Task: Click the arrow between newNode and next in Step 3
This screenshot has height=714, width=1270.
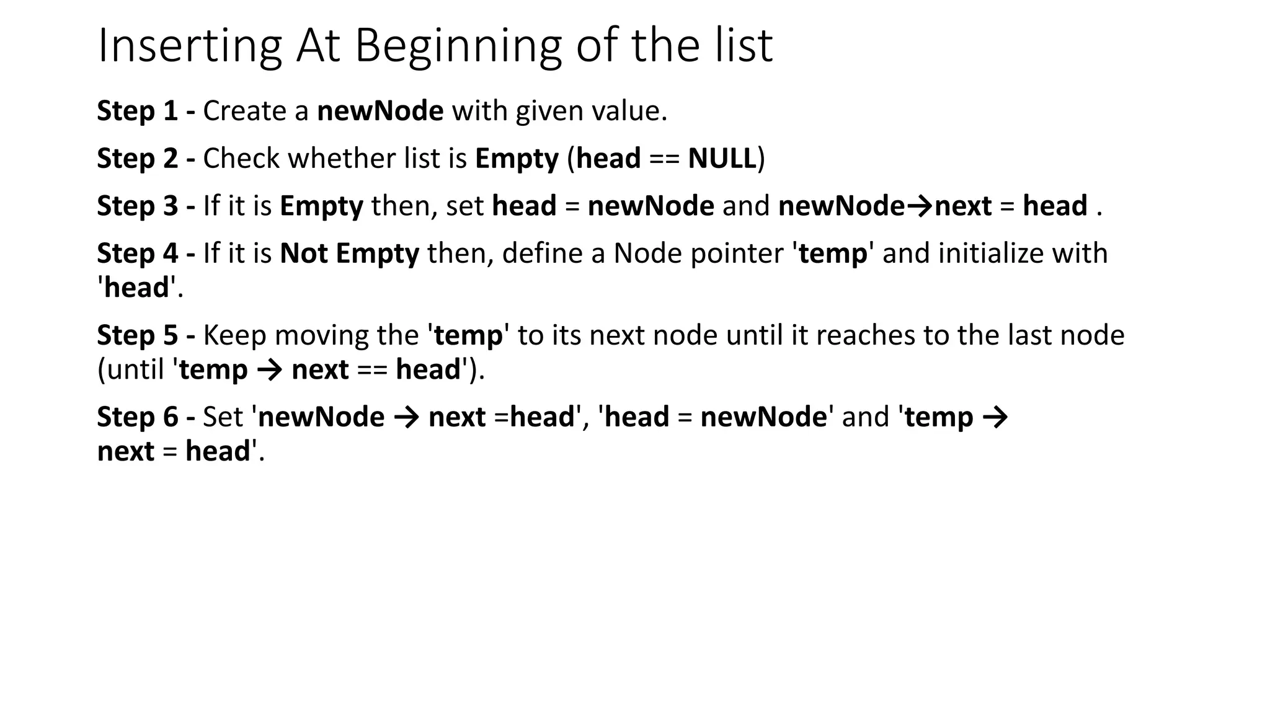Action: pyautogui.click(x=920, y=206)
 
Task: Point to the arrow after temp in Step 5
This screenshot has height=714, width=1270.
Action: pyautogui.click(x=269, y=370)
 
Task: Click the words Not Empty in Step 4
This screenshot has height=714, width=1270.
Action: pyautogui.click(x=349, y=253)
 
